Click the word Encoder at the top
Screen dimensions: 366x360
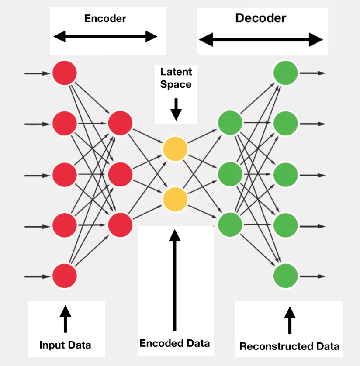pos(105,18)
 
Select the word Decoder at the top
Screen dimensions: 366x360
pos(260,18)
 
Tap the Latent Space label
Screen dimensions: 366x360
pos(176,78)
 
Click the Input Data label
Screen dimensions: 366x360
pos(65,345)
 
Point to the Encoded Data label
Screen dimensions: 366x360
pos(174,343)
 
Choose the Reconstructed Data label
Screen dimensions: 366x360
pos(289,347)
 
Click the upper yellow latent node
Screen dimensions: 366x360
pos(175,149)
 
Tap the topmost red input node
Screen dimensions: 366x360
pos(65,73)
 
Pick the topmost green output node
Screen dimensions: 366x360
pos(286,73)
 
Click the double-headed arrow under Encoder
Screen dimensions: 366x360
pos(105,37)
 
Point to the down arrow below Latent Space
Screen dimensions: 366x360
pos(176,109)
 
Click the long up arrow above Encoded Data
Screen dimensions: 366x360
pos(175,280)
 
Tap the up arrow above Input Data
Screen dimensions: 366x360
pos(65,318)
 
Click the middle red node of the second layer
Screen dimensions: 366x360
pos(120,174)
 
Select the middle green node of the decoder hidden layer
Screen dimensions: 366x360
pos(230,174)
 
